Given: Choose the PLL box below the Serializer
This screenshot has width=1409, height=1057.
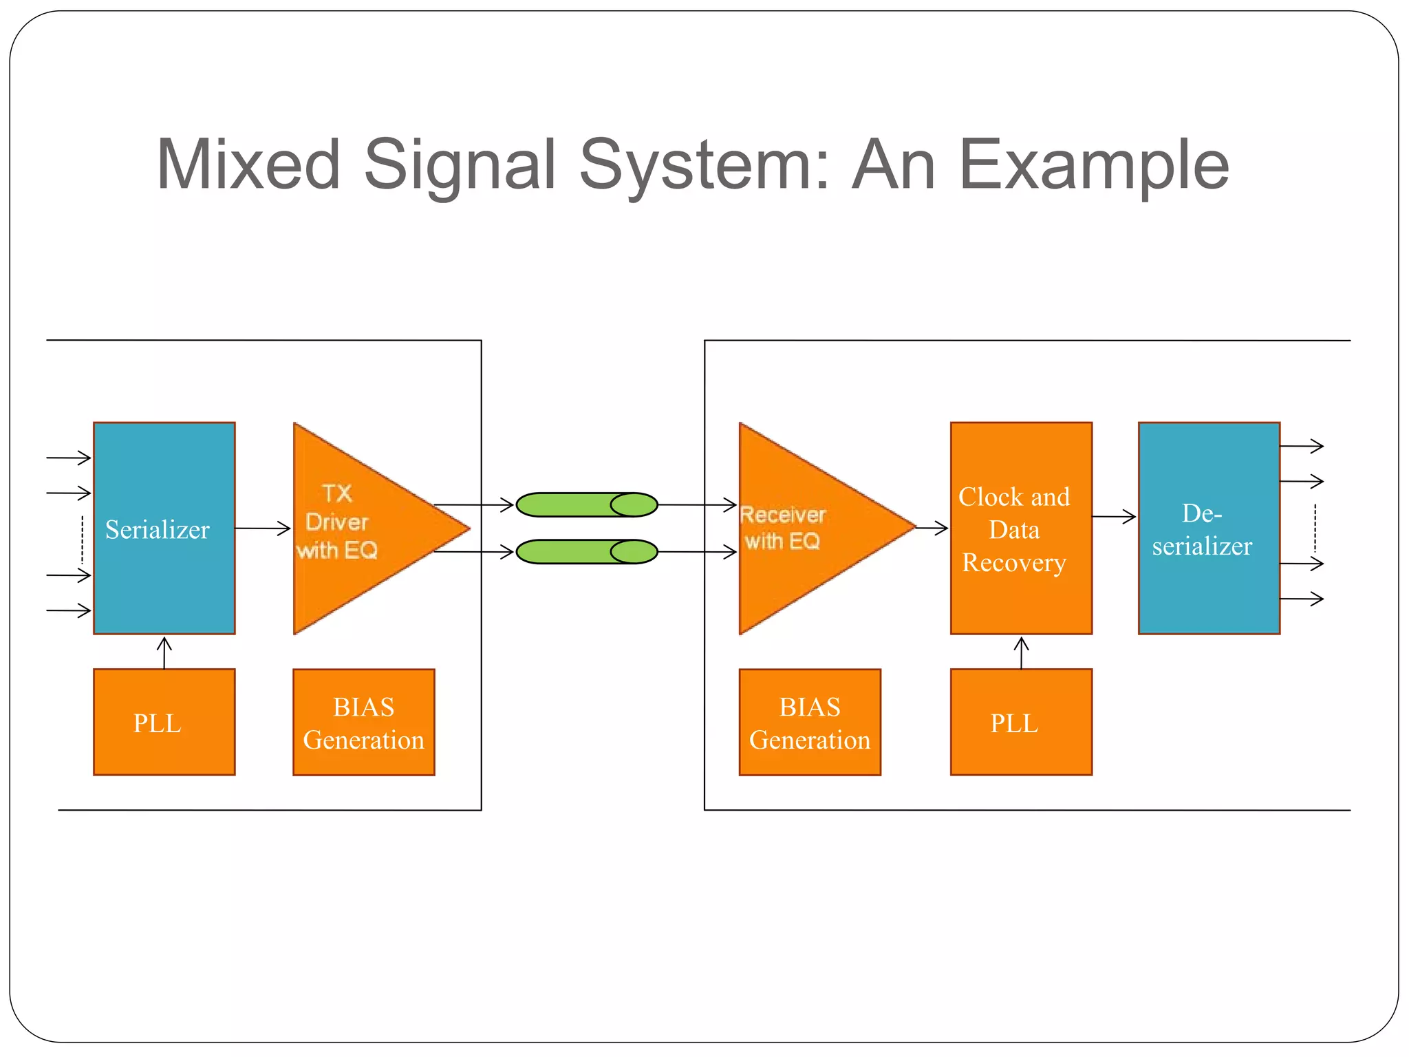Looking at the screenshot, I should (164, 722).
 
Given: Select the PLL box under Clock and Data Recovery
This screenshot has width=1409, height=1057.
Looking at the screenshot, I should (1020, 722).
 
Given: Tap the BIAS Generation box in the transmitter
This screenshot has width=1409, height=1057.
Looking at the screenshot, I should (363, 722).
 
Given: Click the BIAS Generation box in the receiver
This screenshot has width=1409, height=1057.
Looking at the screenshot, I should (809, 722).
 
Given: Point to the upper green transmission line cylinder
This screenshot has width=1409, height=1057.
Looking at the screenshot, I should (586, 504).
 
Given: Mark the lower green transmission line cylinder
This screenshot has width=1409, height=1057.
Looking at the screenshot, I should (586, 551).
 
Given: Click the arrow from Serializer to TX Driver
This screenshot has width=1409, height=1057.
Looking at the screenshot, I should (263, 528).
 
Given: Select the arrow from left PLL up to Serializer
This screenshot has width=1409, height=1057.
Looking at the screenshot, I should (164, 652).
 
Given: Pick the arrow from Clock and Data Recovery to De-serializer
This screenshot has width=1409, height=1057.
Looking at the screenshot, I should (1113, 516).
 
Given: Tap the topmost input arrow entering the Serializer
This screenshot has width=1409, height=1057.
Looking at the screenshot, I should (69, 458).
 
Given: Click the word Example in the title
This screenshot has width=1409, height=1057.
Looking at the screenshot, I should (1093, 165).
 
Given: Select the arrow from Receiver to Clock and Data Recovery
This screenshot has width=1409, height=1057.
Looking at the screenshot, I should (932, 528).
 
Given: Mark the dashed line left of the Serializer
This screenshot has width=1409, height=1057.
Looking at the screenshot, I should (82, 540).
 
